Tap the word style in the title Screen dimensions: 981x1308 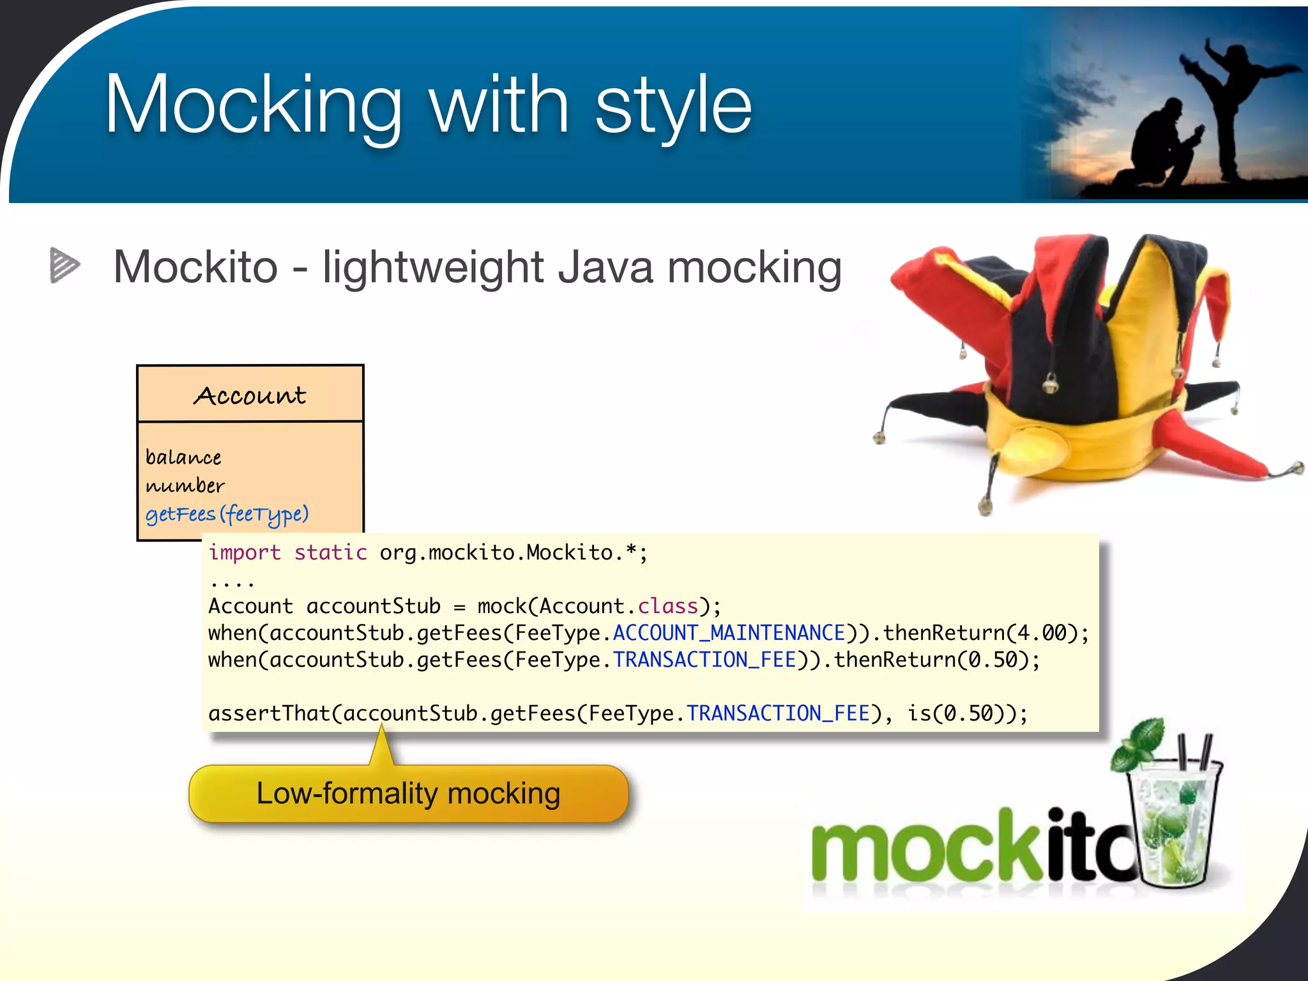(673, 105)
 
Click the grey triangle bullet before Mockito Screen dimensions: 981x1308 (65, 265)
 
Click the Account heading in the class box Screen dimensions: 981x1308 (250, 395)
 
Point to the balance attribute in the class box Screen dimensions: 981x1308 (183, 457)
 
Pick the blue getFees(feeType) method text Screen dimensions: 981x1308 (227, 514)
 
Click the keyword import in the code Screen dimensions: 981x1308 (245, 552)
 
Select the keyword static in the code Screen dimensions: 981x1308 (330, 552)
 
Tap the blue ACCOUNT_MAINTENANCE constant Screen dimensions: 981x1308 (729, 633)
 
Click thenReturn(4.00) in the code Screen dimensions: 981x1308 (980, 633)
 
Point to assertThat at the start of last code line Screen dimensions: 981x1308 (269, 713)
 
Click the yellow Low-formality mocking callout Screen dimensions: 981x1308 (408, 794)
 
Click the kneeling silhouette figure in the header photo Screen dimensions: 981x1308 (1162, 147)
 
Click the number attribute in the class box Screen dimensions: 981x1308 (185, 486)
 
